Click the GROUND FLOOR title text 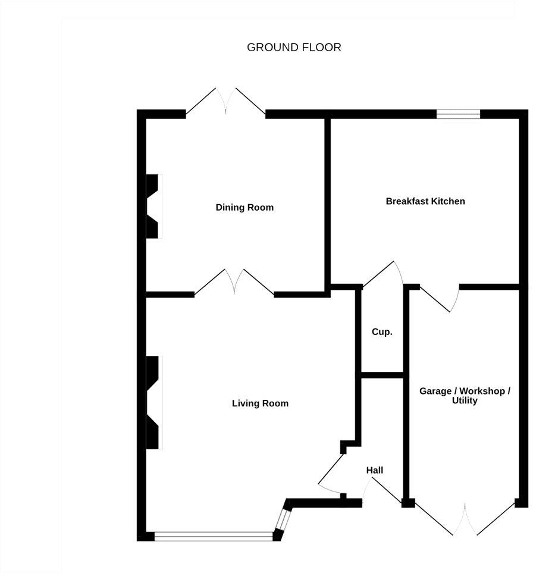tap(294, 48)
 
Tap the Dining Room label tap(244, 208)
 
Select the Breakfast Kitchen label tap(425, 201)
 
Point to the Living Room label tap(260, 403)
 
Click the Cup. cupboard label tap(382, 332)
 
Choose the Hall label tap(375, 471)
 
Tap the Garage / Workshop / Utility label tap(465, 396)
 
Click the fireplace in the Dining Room tap(153, 206)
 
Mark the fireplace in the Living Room tap(153, 402)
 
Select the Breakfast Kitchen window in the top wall tap(458, 114)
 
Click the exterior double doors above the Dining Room tap(225, 102)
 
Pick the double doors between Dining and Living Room tap(234, 283)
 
